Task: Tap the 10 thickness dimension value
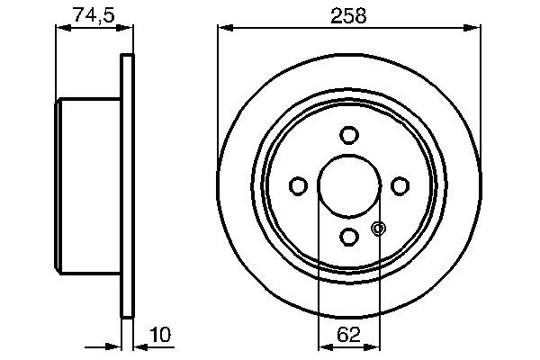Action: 161,335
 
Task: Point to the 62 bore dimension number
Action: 348,335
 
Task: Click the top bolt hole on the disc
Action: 348,135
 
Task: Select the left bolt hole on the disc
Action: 298,185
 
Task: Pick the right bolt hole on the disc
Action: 399,185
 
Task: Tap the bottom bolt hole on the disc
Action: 348,236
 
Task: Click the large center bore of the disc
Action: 348,185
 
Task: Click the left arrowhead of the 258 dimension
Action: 224,29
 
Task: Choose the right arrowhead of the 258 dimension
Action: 472,29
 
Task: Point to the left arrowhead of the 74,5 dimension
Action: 61,29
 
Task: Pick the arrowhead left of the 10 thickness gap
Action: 115,346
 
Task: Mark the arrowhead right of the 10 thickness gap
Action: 139,346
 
